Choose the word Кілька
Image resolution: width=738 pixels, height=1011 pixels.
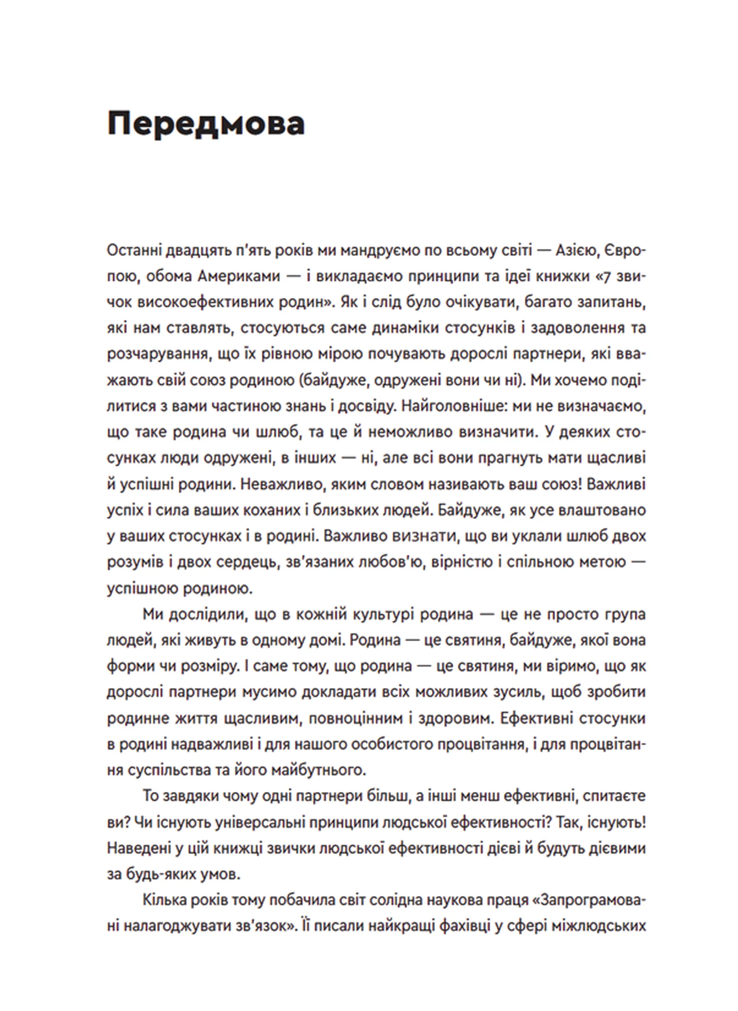point(164,900)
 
